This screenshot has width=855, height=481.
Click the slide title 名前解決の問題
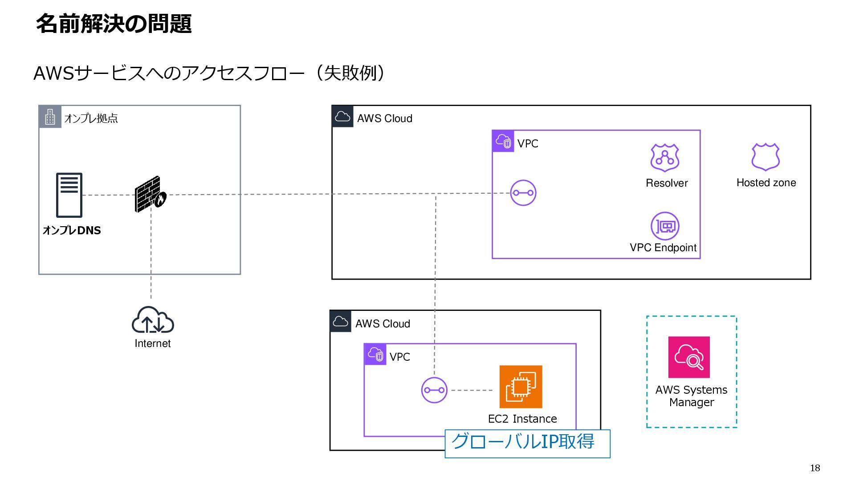click(114, 24)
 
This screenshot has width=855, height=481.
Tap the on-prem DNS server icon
click(69, 195)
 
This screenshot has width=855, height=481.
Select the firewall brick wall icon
click(151, 194)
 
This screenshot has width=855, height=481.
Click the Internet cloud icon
click(153, 320)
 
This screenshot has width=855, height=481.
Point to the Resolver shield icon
click(665, 158)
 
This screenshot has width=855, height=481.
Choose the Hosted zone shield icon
click(765, 157)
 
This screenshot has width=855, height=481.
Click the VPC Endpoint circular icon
click(665, 226)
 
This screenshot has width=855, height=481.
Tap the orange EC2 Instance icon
click(521, 387)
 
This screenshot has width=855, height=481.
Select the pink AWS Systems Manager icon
click(689, 357)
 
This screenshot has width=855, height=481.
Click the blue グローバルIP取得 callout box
click(528, 444)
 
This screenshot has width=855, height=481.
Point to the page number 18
click(815, 468)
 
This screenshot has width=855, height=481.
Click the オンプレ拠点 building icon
click(50, 117)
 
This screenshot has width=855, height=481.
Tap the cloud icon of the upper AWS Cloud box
click(342, 117)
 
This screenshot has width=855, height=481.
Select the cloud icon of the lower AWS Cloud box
click(341, 322)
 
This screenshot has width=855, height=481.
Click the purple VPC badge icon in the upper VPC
click(503, 141)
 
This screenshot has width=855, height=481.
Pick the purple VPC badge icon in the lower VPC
click(375, 355)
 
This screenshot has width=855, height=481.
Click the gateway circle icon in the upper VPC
click(523, 193)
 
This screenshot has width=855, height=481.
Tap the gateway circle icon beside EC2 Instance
click(434, 390)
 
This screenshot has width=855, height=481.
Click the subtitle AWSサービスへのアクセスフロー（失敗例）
click(209, 73)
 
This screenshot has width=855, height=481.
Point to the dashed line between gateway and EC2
click(472, 390)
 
